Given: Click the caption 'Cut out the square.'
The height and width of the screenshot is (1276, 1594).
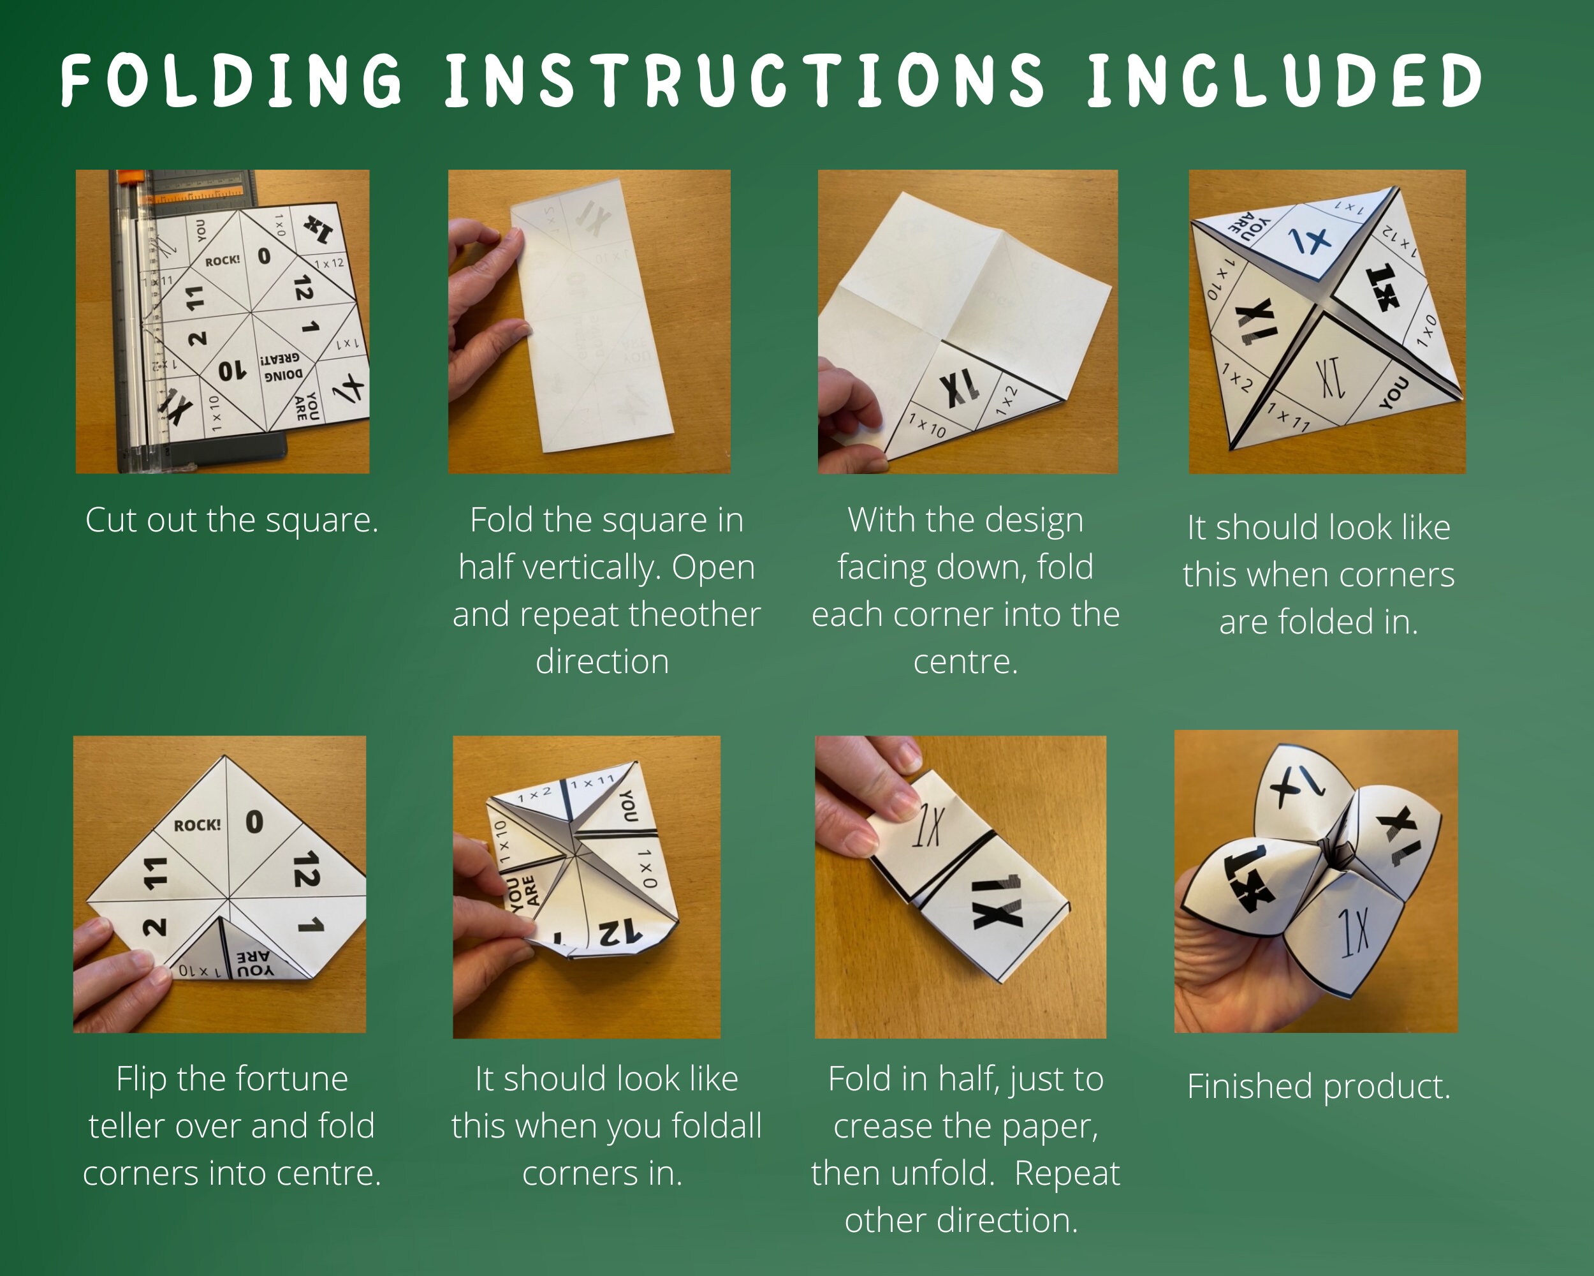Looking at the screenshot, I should [231, 520].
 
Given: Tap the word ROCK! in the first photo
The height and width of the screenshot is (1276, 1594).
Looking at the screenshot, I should [223, 260].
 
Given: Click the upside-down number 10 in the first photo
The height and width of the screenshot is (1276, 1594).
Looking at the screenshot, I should [231, 370].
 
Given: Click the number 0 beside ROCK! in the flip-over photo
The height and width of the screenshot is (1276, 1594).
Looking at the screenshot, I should [254, 822].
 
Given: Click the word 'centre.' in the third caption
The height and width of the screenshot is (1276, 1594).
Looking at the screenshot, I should [965, 662].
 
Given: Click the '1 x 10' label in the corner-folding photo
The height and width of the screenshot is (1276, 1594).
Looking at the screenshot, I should [926, 426].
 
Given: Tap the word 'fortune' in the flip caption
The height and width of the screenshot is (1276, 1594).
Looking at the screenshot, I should [293, 1078].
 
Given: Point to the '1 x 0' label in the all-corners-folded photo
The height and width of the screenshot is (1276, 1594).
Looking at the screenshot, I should [647, 868].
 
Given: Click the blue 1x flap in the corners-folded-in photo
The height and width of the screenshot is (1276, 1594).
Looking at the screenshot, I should [1310, 241].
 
